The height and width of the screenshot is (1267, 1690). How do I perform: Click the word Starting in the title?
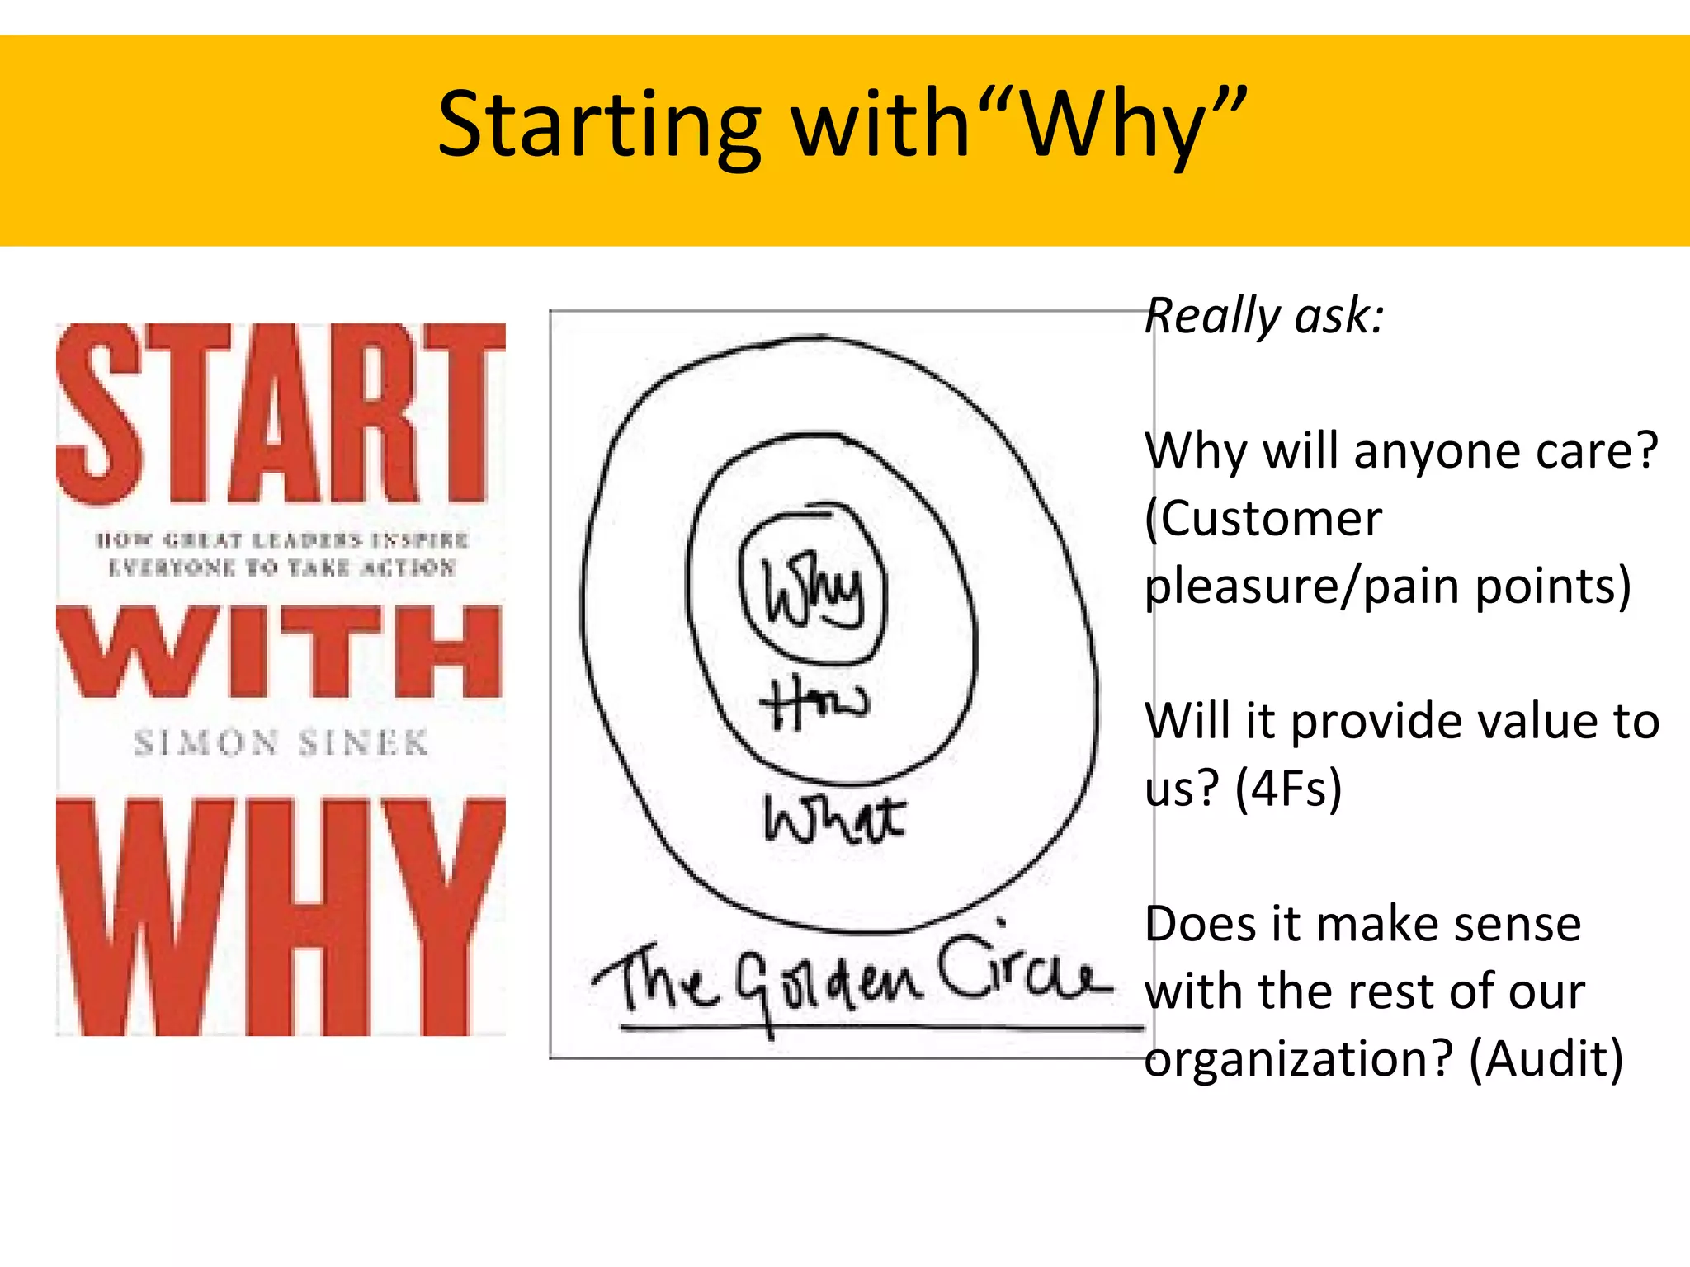tap(599, 125)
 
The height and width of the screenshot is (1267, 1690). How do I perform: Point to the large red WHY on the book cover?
tap(281, 916)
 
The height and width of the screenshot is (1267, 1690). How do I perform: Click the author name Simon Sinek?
tap(281, 743)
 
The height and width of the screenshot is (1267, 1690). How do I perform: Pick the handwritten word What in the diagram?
tap(833, 818)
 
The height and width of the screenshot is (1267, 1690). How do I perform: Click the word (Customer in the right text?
tap(1263, 520)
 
